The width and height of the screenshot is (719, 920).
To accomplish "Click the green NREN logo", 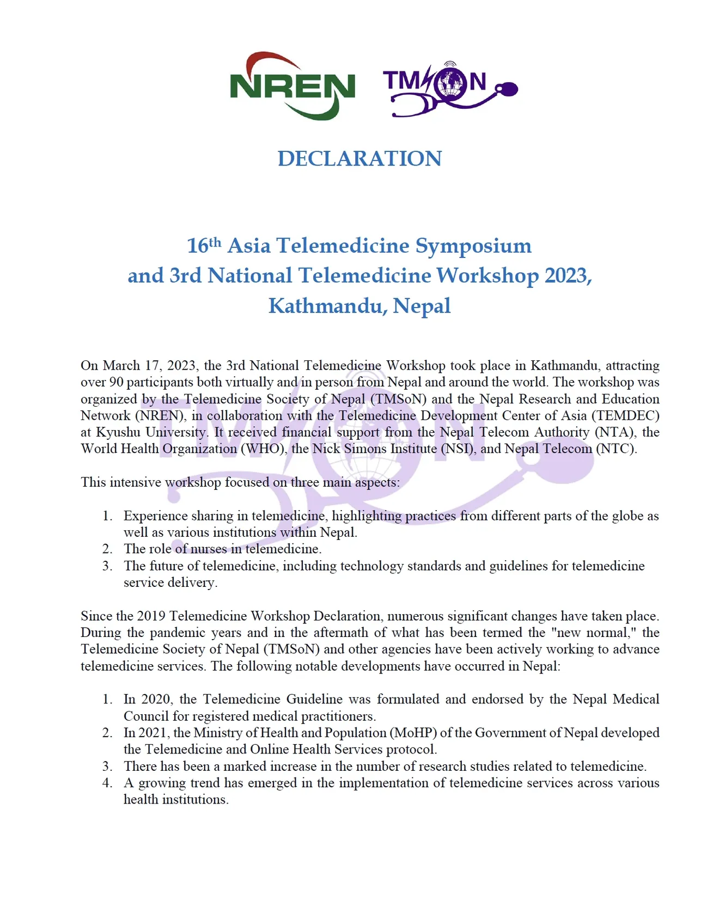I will (x=293, y=87).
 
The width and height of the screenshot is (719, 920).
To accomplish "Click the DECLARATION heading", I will (x=359, y=158).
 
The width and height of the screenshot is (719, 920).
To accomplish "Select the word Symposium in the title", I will (x=473, y=246).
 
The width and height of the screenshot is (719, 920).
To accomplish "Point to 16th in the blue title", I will (x=204, y=246).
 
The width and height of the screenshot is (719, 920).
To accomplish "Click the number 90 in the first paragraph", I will (x=116, y=382).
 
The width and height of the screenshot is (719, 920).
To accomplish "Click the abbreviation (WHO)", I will (x=264, y=449).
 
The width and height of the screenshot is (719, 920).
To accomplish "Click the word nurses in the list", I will (x=208, y=549).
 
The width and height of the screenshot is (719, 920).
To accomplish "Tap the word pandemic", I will (x=180, y=633).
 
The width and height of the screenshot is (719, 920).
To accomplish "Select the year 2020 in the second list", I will (x=157, y=700).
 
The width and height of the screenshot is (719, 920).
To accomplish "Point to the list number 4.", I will (x=107, y=783).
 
